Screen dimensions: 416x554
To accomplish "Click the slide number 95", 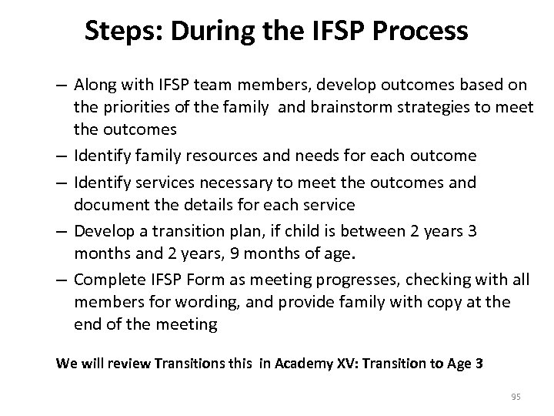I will pyautogui.click(x=516, y=397).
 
